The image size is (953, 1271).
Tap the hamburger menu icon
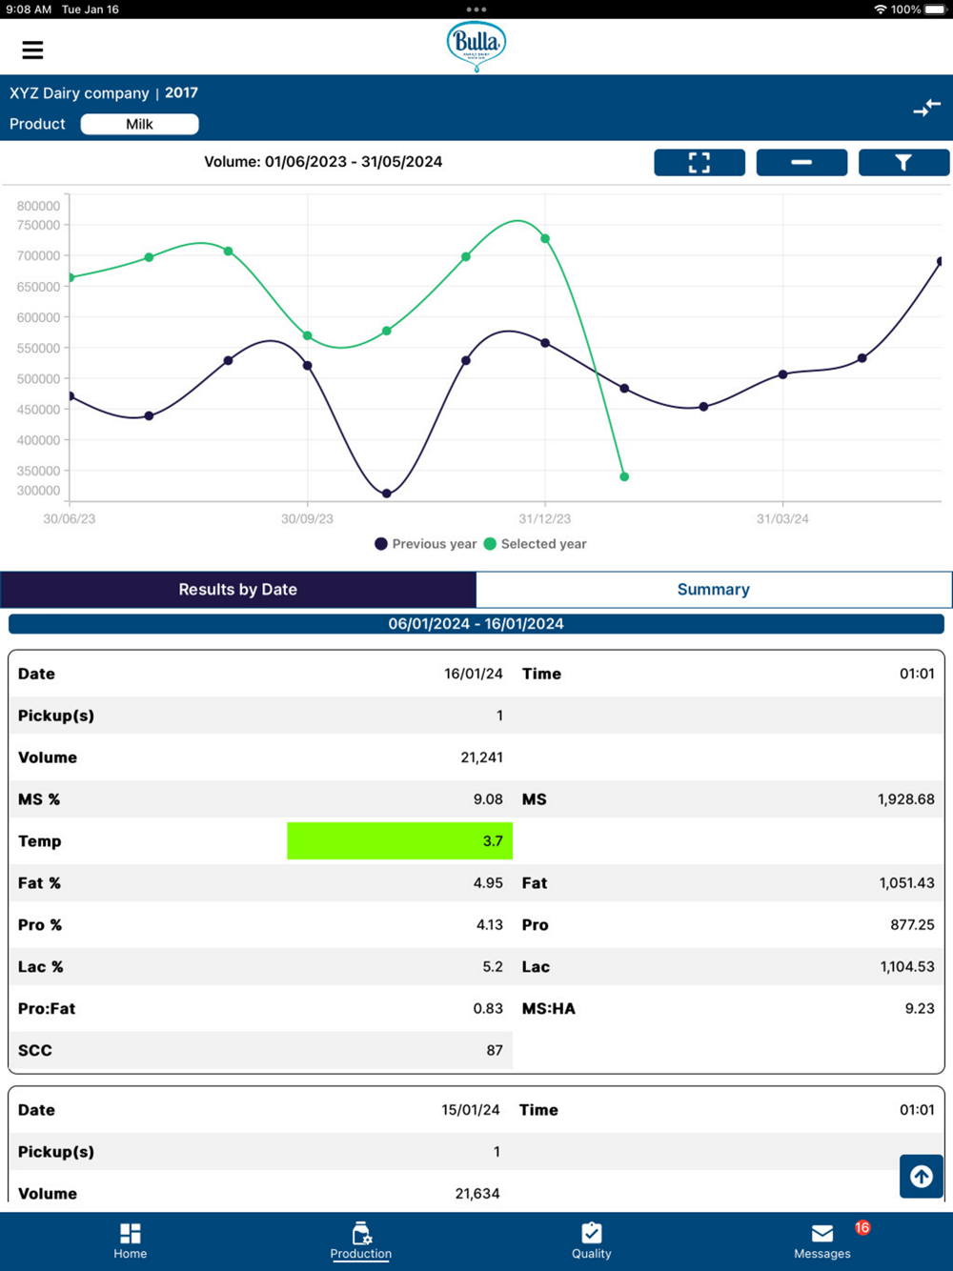pos(32,50)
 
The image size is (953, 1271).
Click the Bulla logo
pos(476,45)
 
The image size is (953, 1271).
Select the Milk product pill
pos(140,124)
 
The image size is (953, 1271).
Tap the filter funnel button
pos(902,163)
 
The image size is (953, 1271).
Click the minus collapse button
pos(801,163)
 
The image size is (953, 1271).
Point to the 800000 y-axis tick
pos(39,206)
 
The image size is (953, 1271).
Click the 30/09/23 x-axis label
pos(307,519)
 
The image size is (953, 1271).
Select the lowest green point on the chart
pos(624,476)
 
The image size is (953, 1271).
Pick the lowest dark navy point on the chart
pos(387,494)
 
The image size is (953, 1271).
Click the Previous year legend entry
pos(426,544)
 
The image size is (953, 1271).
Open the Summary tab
pos(713,590)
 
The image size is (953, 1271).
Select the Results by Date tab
pos(238,590)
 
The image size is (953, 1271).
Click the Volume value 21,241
pos(481,757)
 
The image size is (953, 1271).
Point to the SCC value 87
pos(494,1050)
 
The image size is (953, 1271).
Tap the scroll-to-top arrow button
pos(922,1176)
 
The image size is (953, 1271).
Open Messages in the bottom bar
pos(822,1240)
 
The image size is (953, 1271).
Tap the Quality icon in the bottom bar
pos(591,1233)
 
